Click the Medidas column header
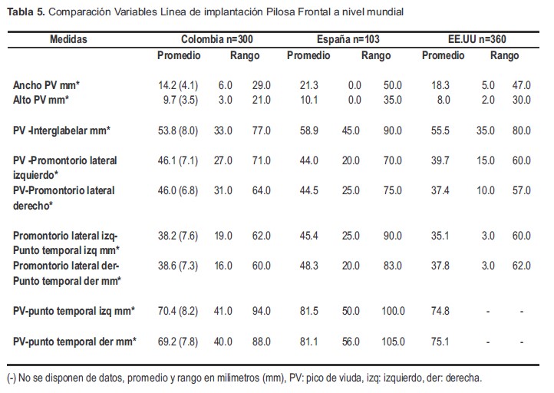click(69, 39)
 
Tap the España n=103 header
click(347, 39)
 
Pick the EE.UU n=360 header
click(479, 39)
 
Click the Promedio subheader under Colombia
click(179, 56)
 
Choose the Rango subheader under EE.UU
click(504, 56)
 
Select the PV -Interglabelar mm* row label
click(62, 131)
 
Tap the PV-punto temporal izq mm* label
click(74, 311)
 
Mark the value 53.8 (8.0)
click(178, 131)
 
